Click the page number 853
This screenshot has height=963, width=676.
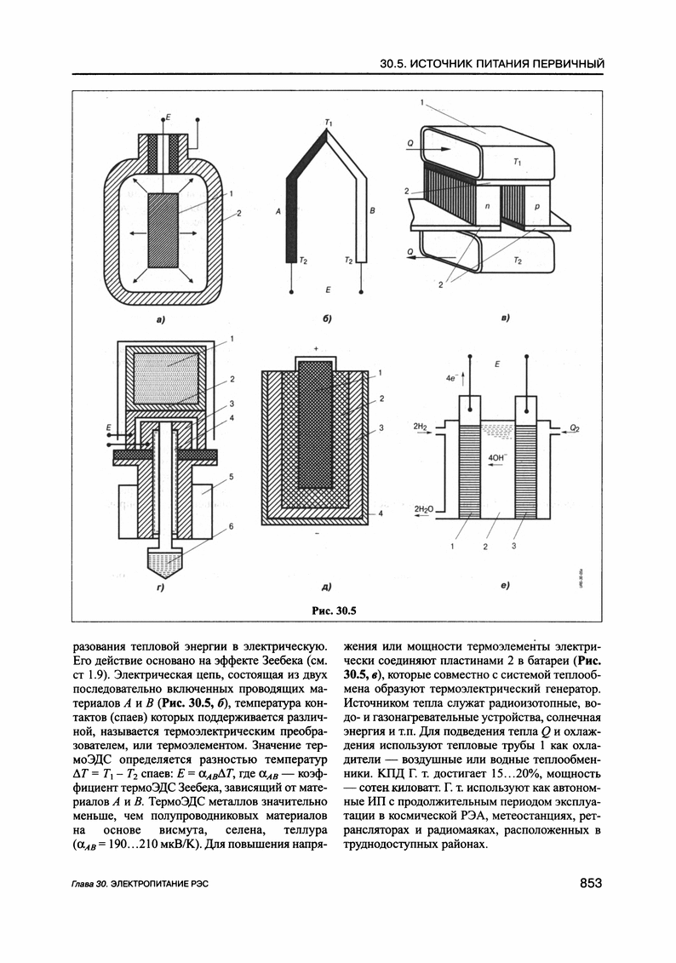tap(591, 883)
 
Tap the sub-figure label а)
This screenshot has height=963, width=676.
tap(158, 320)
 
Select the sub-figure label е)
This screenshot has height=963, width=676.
tap(505, 587)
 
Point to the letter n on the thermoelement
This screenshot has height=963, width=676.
tap(487, 207)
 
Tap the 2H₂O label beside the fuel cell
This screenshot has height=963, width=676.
tap(424, 508)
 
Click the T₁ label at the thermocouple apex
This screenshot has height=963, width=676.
tap(329, 124)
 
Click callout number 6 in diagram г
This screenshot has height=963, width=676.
tap(229, 527)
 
